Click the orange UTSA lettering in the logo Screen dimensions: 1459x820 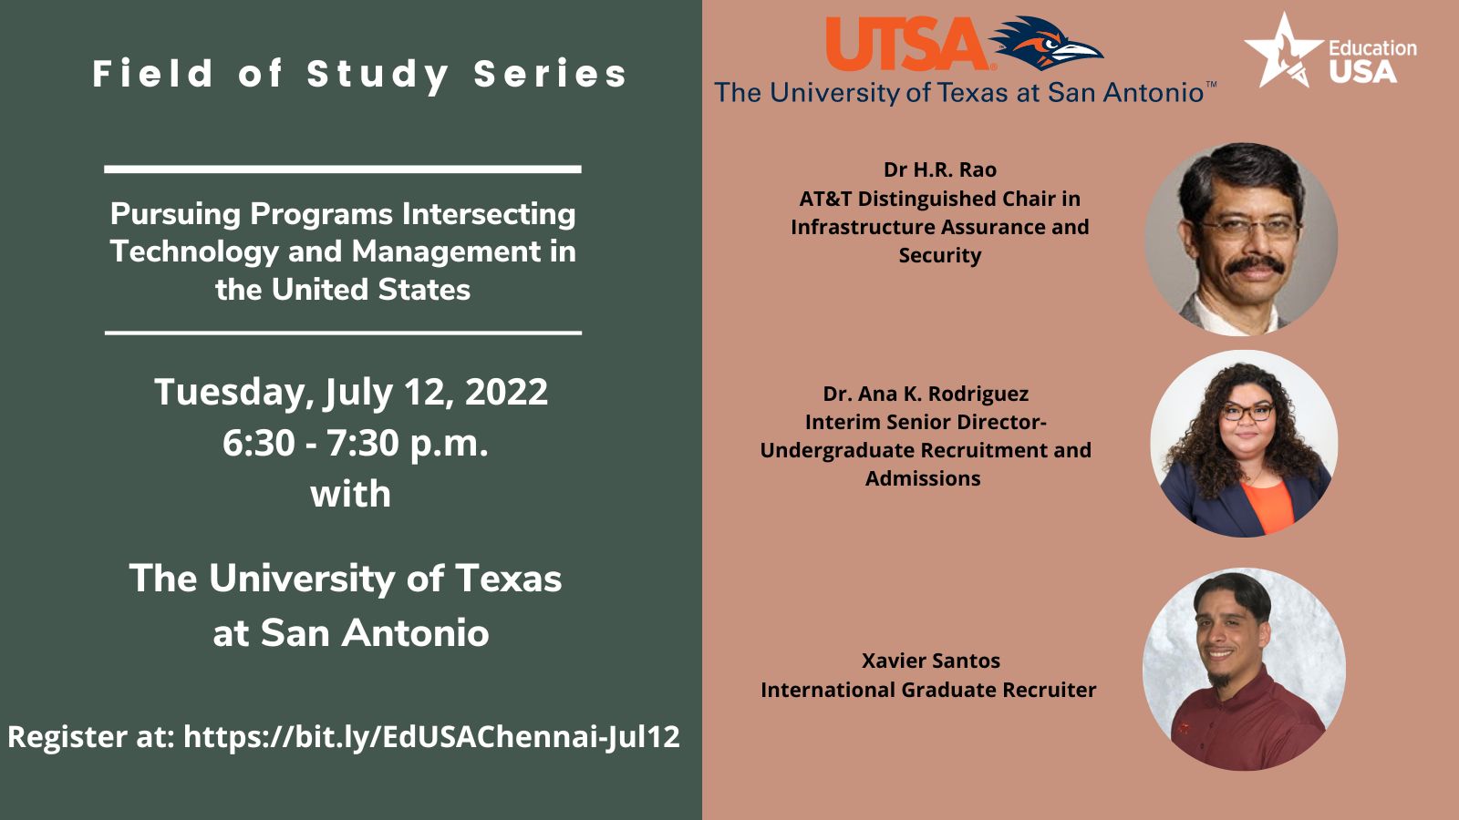point(908,44)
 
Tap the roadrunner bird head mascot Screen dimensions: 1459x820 point(1046,43)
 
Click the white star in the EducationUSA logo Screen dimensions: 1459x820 point(1283,51)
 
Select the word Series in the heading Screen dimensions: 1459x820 point(551,74)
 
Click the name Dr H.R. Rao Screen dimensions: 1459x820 point(940,169)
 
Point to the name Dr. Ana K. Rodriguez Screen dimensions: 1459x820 point(926,394)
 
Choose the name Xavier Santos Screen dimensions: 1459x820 point(931,661)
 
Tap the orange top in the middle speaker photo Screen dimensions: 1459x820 point(1267,506)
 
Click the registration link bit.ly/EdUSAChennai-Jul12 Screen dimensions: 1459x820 point(431,737)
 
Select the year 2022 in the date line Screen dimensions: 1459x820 point(506,392)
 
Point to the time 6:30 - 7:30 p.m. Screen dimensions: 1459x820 point(355,443)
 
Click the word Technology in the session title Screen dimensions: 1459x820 point(194,252)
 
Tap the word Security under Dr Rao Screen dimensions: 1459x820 point(940,255)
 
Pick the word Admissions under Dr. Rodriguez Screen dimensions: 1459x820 point(923,478)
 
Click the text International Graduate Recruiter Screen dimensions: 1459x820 point(928,689)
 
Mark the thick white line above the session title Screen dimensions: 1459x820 point(343,169)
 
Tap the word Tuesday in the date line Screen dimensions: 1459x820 point(230,393)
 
